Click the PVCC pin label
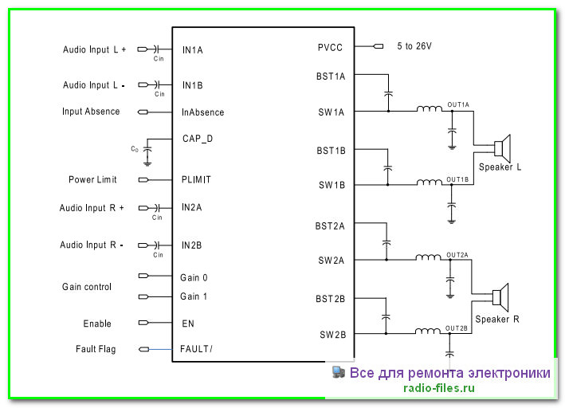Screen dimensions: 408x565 [331, 47]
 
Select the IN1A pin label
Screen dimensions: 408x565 [193, 50]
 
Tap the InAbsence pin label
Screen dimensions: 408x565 [203, 112]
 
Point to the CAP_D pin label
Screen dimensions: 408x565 [197, 138]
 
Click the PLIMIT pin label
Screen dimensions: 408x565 [197, 180]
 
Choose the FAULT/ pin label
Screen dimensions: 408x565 [197, 349]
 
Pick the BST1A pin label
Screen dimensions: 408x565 [331, 76]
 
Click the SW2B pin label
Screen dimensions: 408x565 [332, 335]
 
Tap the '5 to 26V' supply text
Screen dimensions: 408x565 [414, 47]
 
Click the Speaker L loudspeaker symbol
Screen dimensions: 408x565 [501, 148]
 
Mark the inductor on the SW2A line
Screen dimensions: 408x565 [429, 257]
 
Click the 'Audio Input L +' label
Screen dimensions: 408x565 [95, 49]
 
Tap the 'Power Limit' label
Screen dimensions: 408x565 [92, 180]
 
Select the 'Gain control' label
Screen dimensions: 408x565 [87, 287]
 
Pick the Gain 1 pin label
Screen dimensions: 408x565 [194, 296]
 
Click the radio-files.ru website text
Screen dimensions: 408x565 [440, 389]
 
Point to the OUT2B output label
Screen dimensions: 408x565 [457, 328]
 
